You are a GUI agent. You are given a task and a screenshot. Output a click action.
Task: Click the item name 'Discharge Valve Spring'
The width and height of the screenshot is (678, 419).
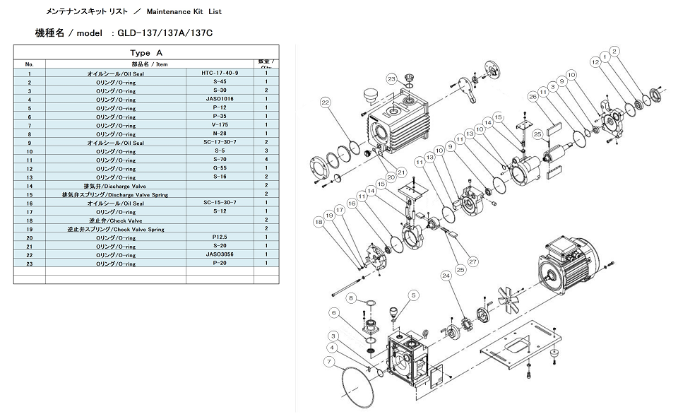115,194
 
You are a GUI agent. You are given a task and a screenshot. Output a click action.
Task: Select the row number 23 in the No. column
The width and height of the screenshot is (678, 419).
29,264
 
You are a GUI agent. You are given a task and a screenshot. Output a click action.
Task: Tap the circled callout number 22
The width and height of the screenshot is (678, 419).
325,102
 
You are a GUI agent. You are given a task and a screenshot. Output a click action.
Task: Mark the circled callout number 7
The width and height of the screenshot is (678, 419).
328,362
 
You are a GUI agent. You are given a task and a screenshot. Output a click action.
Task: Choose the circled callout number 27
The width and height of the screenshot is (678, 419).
472,261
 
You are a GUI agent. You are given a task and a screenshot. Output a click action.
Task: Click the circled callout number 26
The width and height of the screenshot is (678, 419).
533,97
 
